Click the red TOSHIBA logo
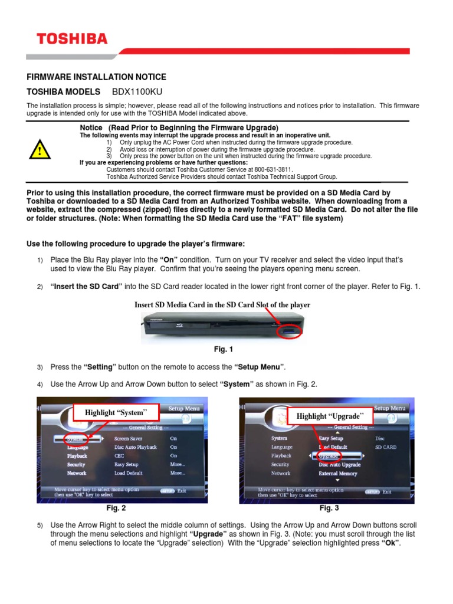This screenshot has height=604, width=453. pos(72,40)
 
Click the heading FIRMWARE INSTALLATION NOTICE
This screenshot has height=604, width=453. pos(97,77)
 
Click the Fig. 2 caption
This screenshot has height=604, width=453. pos(116,508)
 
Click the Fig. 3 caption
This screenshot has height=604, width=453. pos(329,508)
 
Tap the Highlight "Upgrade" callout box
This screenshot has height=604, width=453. pos(330,416)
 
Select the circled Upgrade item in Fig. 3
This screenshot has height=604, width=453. pos(329,456)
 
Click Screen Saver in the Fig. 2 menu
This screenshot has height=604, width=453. pos(129,439)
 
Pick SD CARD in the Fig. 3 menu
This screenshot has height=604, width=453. pos(386,447)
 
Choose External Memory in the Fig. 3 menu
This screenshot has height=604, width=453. pos(338,473)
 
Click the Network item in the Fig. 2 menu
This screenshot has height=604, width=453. pos(77,473)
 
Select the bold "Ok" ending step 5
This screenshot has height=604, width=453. pos(391,543)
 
